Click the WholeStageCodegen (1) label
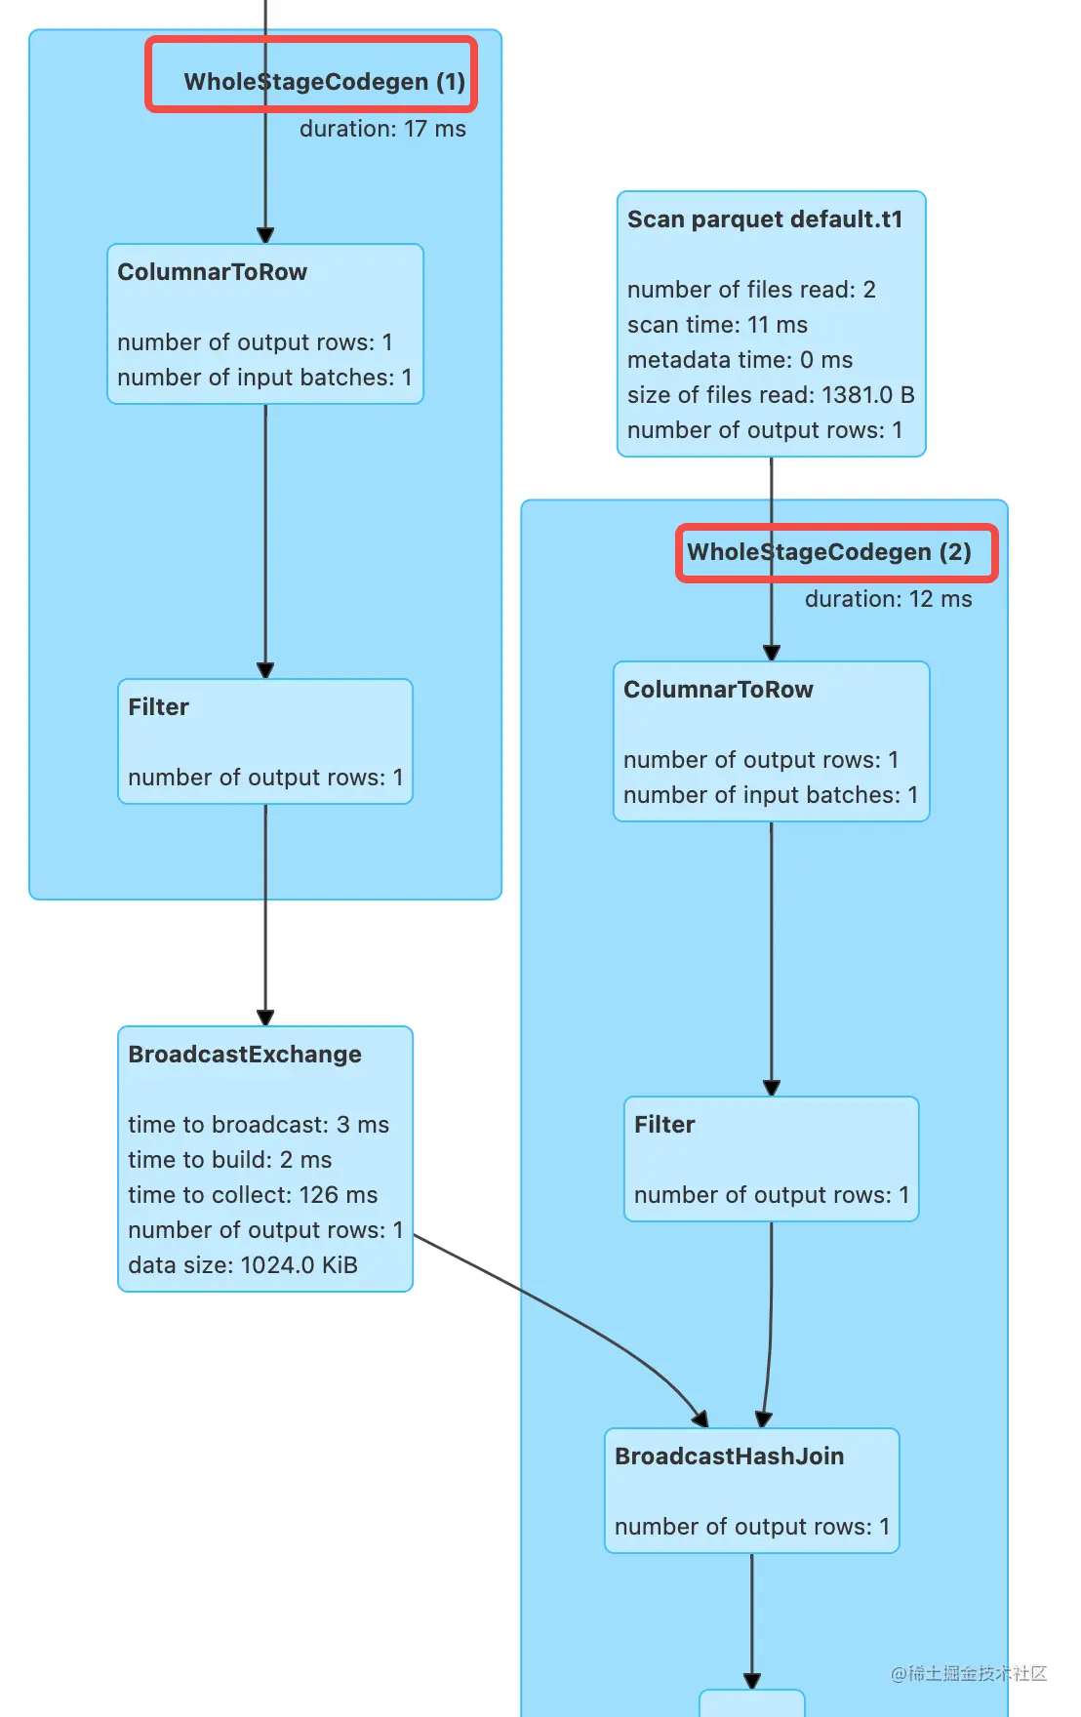point(324,81)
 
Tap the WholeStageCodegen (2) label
point(829,552)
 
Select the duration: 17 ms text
point(382,129)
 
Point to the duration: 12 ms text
point(888,599)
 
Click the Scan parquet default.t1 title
point(765,220)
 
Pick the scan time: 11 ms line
point(717,325)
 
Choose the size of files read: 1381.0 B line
point(771,395)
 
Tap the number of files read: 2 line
point(751,290)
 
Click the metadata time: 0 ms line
point(740,360)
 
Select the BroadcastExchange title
point(245,1055)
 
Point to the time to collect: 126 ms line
point(253,1195)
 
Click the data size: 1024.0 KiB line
point(243,1265)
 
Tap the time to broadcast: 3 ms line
point(259,1125)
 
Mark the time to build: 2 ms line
point(230,1160)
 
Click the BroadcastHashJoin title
point(730,1457)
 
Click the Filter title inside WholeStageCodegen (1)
point(159,707)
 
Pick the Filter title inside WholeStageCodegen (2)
point(664,1125)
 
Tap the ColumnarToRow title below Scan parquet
point(718,690)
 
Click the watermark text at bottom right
point(968,1673)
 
